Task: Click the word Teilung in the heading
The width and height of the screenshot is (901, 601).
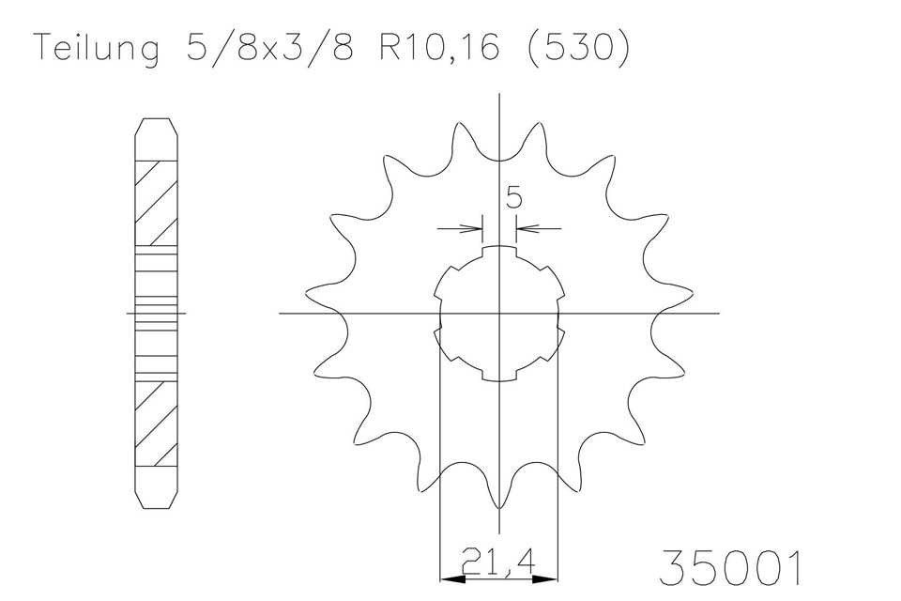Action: coord(97,48)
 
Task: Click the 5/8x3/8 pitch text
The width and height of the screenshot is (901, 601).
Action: coord(269,47)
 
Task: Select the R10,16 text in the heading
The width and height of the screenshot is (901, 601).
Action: coord(439,47)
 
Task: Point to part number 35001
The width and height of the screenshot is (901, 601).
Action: coord(730,567)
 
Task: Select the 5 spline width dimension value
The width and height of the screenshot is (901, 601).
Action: coord(513,197)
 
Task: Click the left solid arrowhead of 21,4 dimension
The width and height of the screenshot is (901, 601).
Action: coord(452,578)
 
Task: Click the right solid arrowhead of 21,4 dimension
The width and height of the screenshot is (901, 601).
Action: coord(544,578)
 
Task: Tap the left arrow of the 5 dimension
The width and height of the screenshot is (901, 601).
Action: coord(460,229)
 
